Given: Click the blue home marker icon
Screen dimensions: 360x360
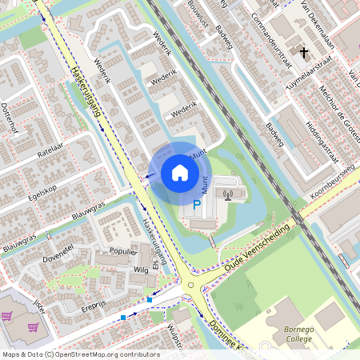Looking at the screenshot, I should click(180, 173).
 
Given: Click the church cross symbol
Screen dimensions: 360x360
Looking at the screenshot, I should click(303, 54).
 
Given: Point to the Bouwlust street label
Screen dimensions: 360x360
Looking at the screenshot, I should click(198, 13).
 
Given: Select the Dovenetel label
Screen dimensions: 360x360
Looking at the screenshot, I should click(58, 254).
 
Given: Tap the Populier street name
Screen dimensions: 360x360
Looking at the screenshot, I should click(112, 251).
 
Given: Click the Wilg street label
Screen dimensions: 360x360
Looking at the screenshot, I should click(141, 270).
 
